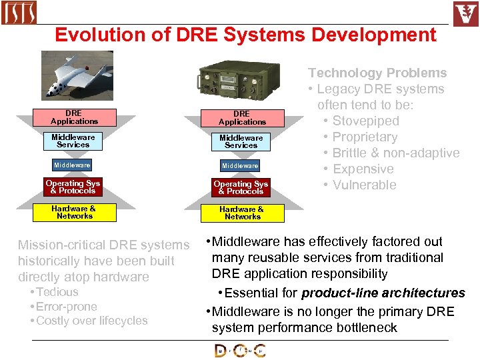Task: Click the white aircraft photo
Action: (77, 75)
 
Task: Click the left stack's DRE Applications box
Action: (74, 117)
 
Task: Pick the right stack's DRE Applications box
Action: (242, 118)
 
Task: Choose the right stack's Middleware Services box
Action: (241, 141)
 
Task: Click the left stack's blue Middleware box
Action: (73, 165)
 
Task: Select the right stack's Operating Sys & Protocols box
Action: (241, 187)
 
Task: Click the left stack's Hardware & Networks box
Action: (74, 212)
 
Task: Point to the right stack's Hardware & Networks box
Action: (242, 213)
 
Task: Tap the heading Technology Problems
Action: (377, 73)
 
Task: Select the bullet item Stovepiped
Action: (365, 121)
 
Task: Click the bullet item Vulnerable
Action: (364, 185)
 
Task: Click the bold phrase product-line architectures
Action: (383, 293)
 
